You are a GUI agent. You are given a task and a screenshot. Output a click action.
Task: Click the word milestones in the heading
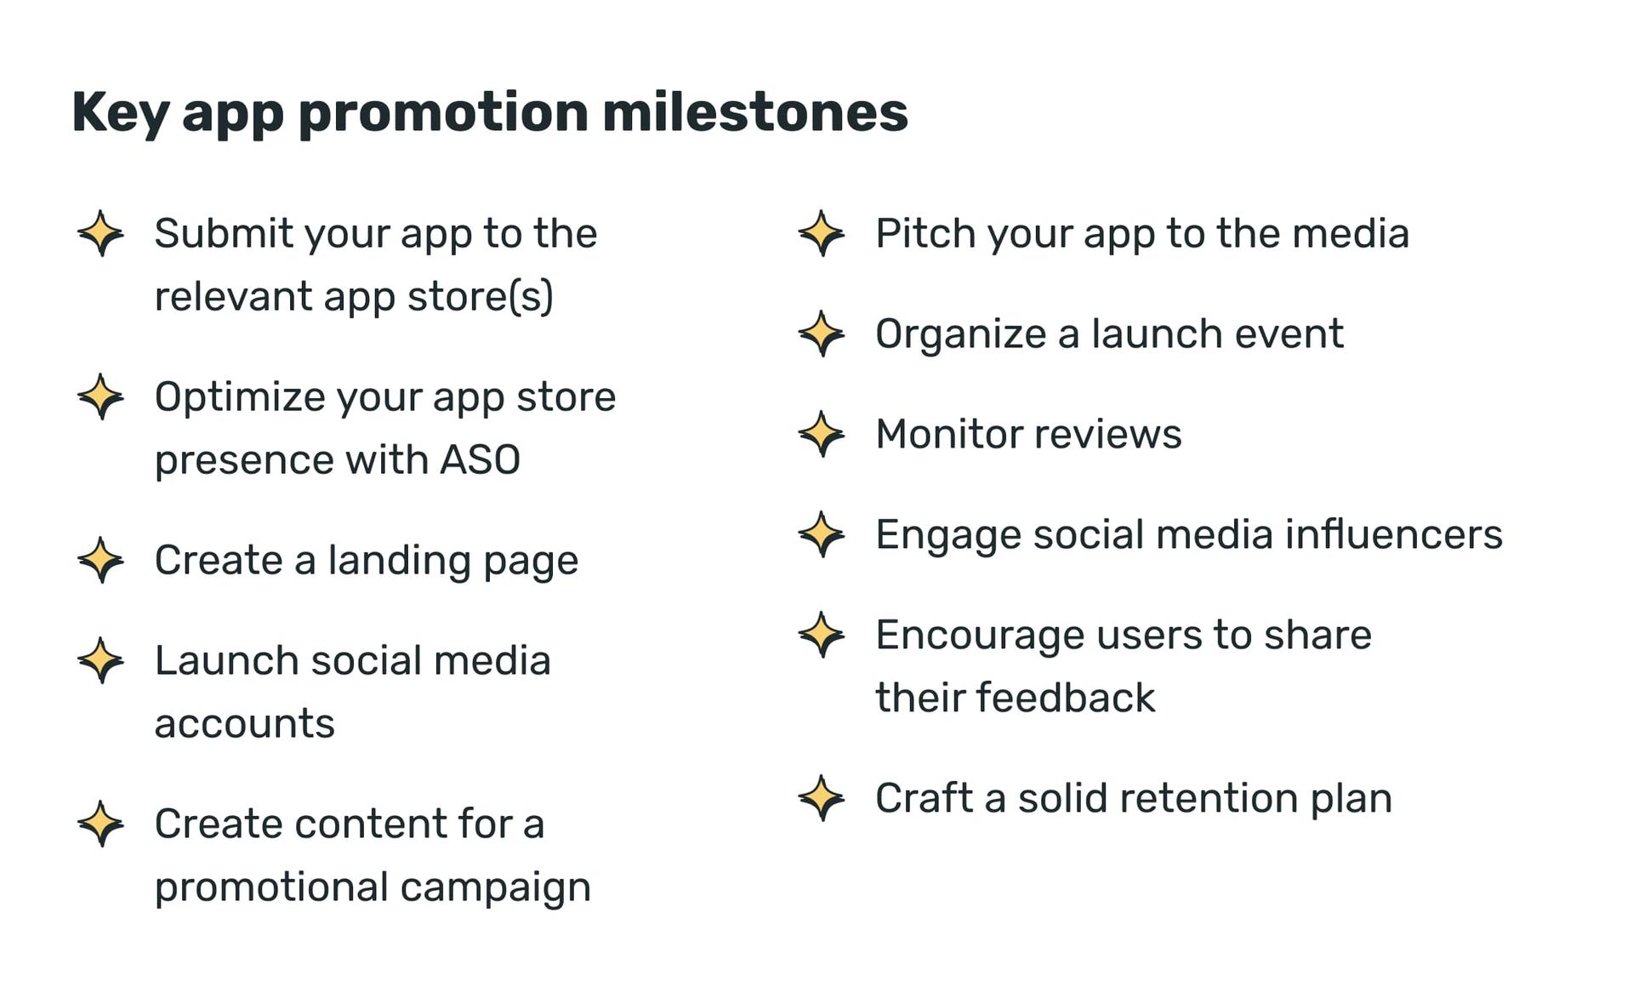coord(754,112)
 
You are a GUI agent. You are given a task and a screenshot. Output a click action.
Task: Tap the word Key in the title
coord(120,114)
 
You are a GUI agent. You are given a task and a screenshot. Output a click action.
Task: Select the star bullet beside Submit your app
coord(100,233)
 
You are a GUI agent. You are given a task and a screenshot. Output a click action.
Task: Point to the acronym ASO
coord(480,460)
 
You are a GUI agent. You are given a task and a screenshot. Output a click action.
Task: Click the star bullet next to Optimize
coord(100,397)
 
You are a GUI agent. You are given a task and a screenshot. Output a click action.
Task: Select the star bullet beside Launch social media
coord(100,660)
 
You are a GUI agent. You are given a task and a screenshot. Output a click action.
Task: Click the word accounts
coord(244,724)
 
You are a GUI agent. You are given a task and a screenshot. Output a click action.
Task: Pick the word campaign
coord(495,888)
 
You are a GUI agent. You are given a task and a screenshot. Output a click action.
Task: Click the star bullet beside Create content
coord(100,824)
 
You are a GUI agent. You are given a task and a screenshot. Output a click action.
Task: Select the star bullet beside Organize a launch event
coord(822,334)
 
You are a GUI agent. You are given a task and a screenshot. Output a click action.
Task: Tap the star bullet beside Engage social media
coord(822,534)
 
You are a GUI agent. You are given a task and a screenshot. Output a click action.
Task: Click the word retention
coord(1209,798)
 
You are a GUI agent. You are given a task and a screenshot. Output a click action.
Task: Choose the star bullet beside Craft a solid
coord(822,798)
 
